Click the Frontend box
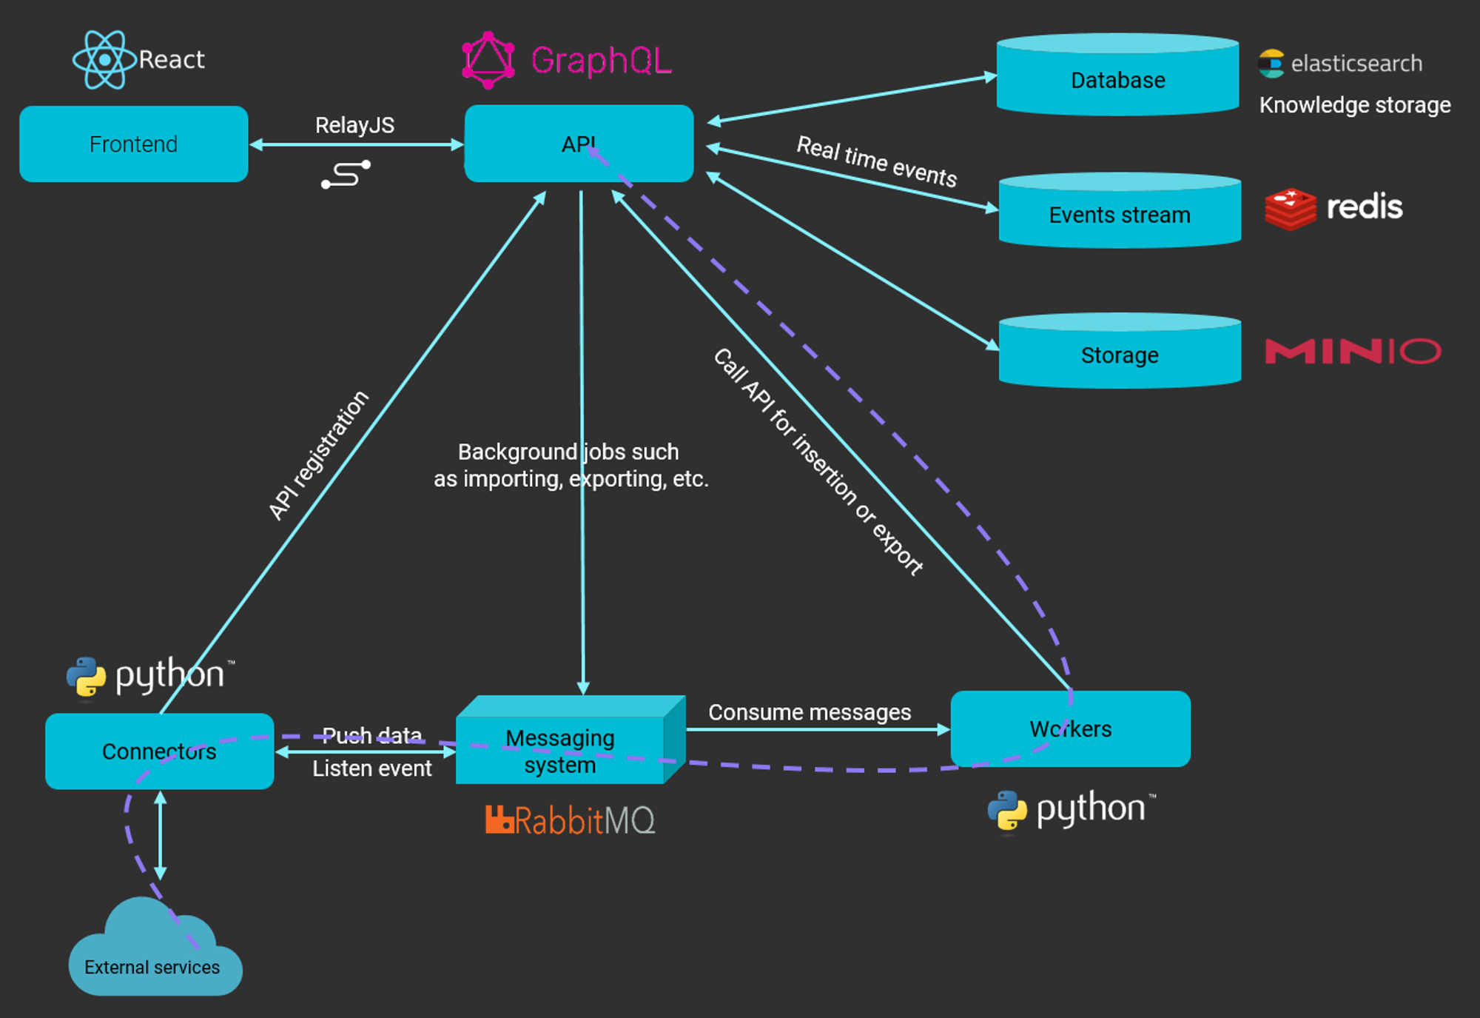tap(133, 144)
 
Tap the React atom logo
tap(104, 59)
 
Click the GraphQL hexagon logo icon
tap(488, 60)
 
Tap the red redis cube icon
tap(1290, 208)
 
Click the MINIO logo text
tap(1353, 351)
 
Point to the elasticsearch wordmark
tap(1356, 64)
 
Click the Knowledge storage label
tap(1354, 105)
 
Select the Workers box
tap(1070, 729)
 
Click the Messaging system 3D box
tap(561, 748)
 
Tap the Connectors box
tap(159, 751)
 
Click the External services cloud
tap(153, 955)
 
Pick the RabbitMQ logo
tap(570, 820)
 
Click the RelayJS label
tap(354, 125)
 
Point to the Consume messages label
tap(809, 711)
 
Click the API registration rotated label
tap(318, 455)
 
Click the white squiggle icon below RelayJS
tap(346, 175)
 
